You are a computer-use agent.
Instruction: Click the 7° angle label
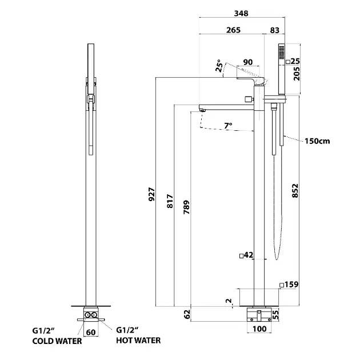tap(227, 125)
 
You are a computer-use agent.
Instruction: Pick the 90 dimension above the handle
tap(247, 62)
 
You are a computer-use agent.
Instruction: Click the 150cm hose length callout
tap(317, 140)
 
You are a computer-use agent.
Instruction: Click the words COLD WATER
tap(57, 341)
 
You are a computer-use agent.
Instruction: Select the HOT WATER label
tap(138, 341)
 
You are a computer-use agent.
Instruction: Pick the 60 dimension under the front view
tap(90, 331)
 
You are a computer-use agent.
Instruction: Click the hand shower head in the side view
tap(280, 57)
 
